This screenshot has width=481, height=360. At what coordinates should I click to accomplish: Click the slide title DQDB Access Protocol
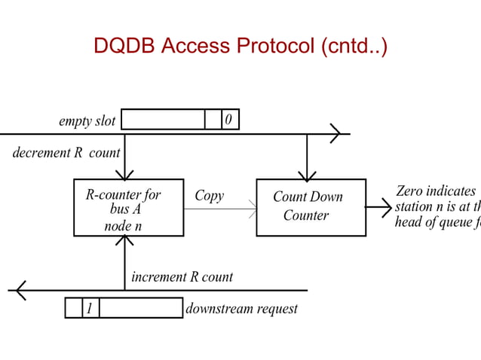tap(240, 46)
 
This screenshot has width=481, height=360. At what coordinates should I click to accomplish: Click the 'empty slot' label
tap(87, 121)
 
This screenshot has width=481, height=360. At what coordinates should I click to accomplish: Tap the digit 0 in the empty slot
tap(230, 120)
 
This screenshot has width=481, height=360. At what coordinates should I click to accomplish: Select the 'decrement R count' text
tap(66, 153)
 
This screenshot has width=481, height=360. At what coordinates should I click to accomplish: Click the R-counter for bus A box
tap(128, 207)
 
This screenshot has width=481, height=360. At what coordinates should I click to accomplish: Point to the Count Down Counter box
tap(311, 207)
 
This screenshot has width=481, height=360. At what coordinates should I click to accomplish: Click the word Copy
tap(209, 196)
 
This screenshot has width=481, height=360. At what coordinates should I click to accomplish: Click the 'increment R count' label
tap(182, 276)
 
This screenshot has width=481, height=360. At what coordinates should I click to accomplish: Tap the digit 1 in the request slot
tap(90, 308)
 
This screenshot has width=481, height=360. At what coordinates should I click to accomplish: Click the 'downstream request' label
tap(241, 309)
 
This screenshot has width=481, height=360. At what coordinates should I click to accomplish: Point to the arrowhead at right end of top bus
tap(335, 134)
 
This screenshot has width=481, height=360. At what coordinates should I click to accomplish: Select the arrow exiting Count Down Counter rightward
tap(379, 206)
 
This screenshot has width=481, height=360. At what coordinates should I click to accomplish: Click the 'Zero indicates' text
tap(436, 191)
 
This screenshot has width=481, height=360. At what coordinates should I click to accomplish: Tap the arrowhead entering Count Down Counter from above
tap(307, 175)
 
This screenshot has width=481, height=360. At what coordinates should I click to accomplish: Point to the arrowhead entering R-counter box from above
tap(125, 175)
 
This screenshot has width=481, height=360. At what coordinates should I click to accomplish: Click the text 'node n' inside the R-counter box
tap(123, 225)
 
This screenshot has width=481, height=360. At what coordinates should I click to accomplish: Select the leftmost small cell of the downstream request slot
tap(73, 308)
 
